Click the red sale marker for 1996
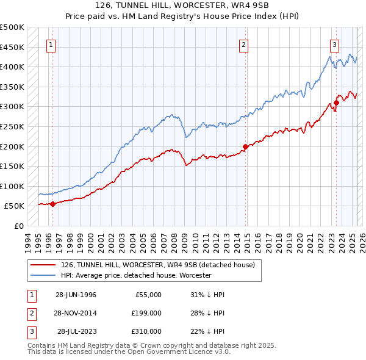(52, 204)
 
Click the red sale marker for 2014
(245, 146)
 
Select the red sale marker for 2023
(336, 103)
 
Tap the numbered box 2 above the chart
(243, 44)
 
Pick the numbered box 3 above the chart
(335, 44)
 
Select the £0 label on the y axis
(19, 226)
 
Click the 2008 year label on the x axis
(173, 239)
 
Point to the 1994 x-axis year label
(27, 239)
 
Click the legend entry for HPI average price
(135, 275)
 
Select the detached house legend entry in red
(161, 264)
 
